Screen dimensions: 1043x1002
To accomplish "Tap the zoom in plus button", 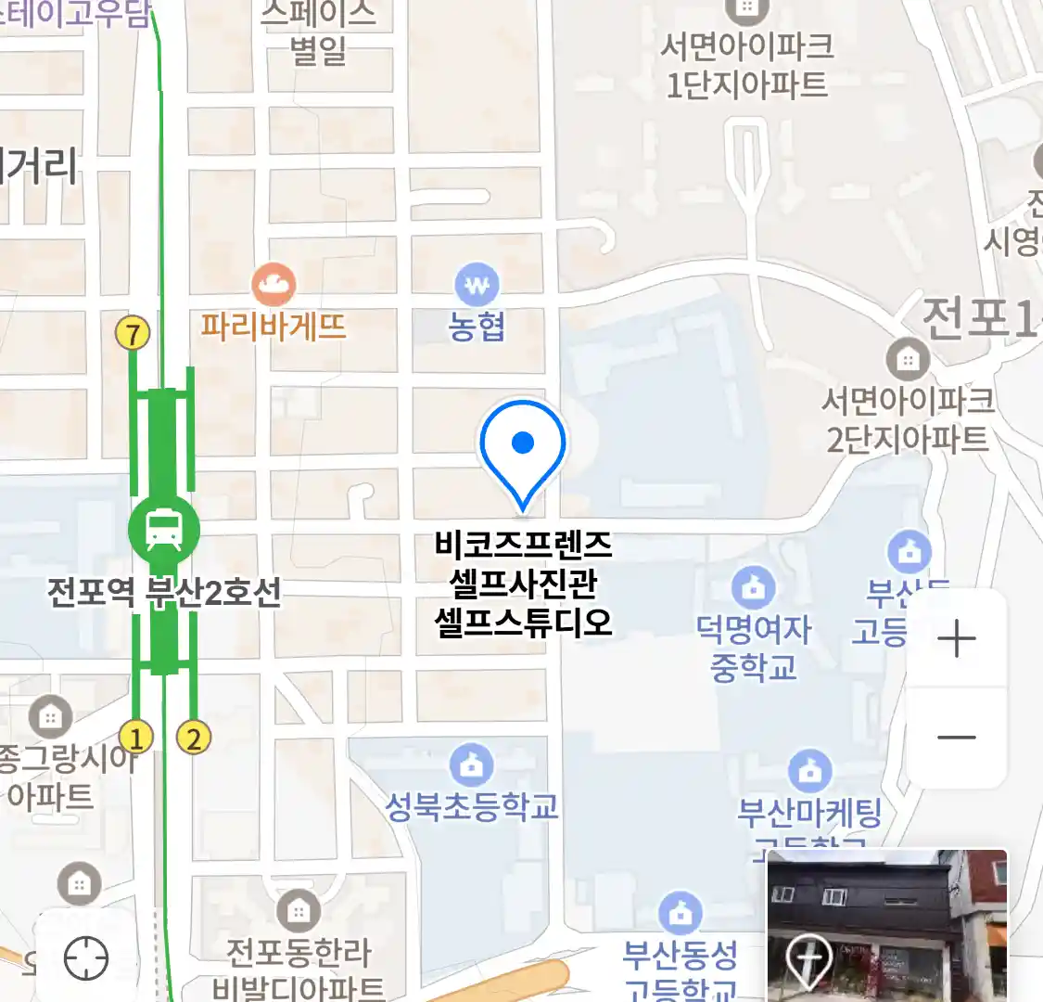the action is pos(956,638).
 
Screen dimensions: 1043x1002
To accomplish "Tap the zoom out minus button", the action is pos(956,739).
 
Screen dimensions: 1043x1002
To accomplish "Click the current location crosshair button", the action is pos(86,957).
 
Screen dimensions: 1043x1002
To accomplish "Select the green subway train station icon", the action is pos(164,528).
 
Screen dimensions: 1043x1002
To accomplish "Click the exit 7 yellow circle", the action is pos(134,333).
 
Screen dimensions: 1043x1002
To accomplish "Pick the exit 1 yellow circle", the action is pos(136,739).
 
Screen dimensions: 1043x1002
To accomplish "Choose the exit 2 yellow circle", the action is pos(193,739).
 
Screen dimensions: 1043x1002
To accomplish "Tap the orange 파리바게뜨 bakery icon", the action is pos(273,284).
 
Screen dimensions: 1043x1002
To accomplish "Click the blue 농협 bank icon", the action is pos(477,285).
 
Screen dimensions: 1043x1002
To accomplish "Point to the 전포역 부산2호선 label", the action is pos(164,592).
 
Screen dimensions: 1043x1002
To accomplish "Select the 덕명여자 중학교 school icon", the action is pos(753,587).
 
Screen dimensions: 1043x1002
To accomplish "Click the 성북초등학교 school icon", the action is pos(472,765).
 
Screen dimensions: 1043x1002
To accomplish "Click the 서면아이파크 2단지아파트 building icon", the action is pos(908,358).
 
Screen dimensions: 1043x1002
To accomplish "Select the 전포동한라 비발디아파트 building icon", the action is pos(299,912).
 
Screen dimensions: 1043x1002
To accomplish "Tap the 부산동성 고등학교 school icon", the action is pos(680,913).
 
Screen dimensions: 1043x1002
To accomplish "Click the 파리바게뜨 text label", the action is pos(273,327).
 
